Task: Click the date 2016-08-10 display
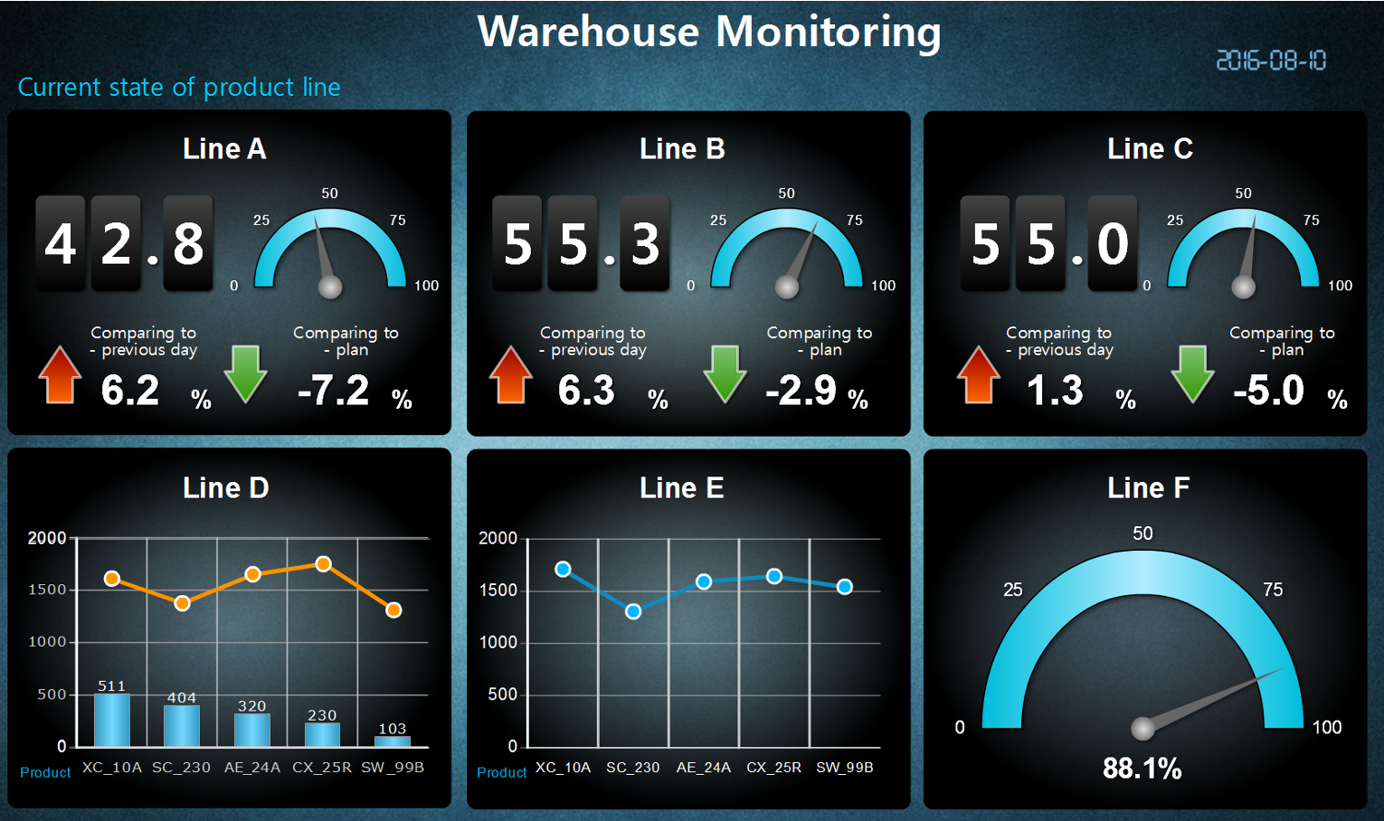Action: click(x=1270, y=61)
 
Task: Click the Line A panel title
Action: click(x=224, y=148)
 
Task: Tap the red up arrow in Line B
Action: click(x=510, y=374)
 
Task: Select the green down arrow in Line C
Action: click(x=1192, y=373)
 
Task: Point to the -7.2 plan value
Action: click(x=334, y=391)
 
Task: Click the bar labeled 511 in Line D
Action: click(x=112, y=720)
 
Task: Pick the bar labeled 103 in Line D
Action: click(x=393, y=741)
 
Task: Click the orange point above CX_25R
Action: click(x=323, y=564)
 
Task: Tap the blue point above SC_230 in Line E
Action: click(x=633, y=611)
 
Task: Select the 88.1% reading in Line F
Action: click(x=1142, y=769)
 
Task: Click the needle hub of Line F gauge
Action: click(x=1143, y=728)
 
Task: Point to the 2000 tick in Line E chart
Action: click(x=498, y=538)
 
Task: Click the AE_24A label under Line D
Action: click(x=252, y=768)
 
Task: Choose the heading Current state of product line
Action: click(x=179, y=87)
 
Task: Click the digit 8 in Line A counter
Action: click(x=188, y=244)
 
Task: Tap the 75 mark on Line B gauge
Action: click(x=854, y=221)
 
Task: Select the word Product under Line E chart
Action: click(x=501, y=772)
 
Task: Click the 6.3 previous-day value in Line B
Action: click(x=586, y=391)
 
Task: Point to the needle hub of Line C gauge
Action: click(x=1244, y=288)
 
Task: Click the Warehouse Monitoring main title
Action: click(x=709, y=32)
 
